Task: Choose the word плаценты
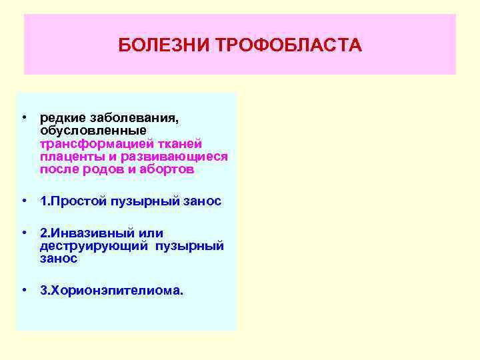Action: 67,156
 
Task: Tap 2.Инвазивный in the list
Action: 83,233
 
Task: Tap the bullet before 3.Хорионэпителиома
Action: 23,290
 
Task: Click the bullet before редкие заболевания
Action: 23,117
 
